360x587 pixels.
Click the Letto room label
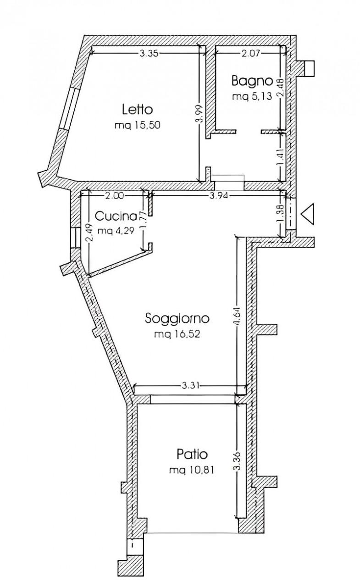point(137,109)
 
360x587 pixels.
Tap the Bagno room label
point(252,81)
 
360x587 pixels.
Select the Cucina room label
point(116,216)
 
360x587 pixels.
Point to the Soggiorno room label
point(177,319)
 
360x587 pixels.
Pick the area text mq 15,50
point(137,125)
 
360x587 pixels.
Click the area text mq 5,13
point(252,97)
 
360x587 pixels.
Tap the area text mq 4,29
point(116,231)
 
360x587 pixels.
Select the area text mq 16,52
point(177,334)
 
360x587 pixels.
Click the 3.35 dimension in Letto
point(149,54)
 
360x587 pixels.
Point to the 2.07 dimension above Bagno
point(250,54)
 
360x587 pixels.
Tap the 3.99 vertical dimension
point(201,113)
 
